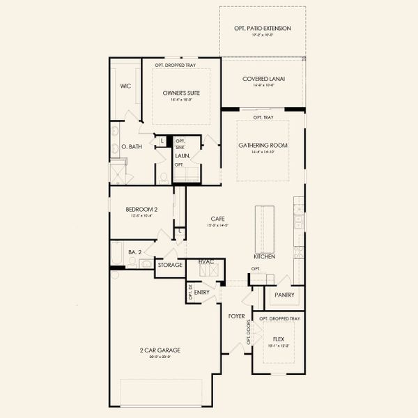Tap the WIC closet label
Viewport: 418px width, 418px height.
125,86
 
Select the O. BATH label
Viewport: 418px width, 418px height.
132,147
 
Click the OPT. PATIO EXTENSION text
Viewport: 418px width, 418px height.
263,29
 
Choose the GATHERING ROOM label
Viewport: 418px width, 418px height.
263,145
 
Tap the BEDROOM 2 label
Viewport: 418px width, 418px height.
141,209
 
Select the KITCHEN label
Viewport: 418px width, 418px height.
265,256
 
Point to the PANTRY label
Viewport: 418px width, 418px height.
284,295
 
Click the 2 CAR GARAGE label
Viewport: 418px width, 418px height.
160,350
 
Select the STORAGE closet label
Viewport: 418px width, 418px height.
170,265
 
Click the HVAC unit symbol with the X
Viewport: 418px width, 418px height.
209,268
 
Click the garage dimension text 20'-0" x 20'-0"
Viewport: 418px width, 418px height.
160,357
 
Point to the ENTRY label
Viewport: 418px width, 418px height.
202,293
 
